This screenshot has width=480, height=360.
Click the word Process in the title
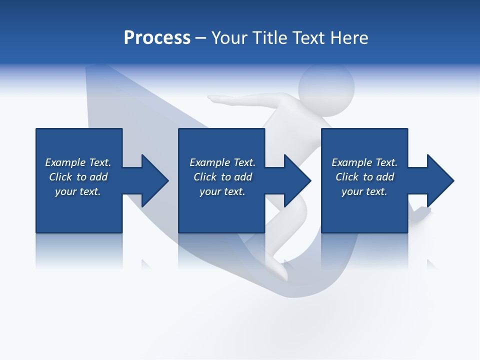[x=157, y=38]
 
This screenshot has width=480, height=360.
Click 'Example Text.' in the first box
[x=78, y=162]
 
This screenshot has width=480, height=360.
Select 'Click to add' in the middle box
[x=222, y=177]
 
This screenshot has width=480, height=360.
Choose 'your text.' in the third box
[x=364, y=191]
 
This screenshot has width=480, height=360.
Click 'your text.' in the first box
[x=78, y=191]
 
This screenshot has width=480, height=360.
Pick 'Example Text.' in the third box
[x=364, y=162]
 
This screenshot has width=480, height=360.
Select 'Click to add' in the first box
[x=78, y=177]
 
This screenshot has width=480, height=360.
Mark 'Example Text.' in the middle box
[x=222, y=162]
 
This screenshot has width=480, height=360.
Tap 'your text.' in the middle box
[x=222, y=191]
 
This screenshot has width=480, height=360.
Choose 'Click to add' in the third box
[x=364, y=177]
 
